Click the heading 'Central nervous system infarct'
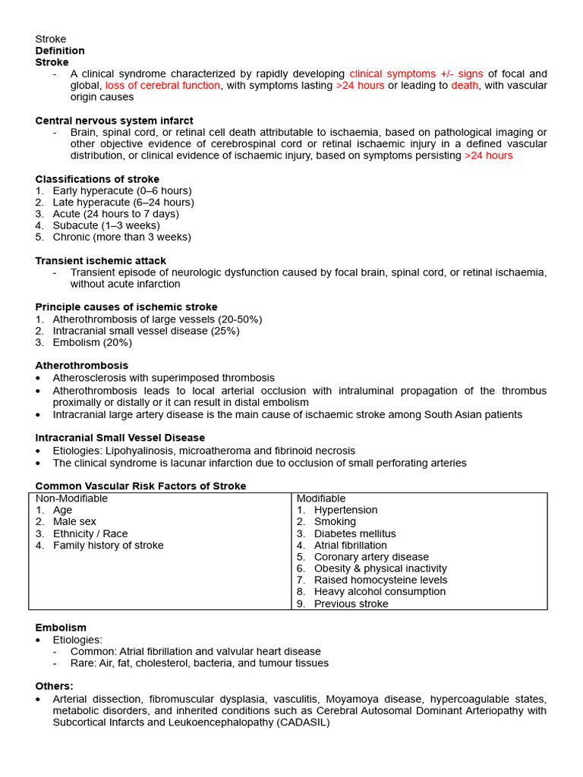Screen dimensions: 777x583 coord(114,121)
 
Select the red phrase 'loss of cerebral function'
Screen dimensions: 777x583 coord(162,86)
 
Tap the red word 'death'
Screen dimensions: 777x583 coord(465,86)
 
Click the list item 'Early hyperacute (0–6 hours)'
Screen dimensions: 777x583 coord(121,190)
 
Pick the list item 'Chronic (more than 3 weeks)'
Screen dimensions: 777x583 coord(121,237)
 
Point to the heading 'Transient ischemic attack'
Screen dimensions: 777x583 coord(100,260)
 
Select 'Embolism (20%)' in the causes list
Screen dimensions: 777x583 coord(92,342)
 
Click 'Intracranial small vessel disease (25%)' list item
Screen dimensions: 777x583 coord(146,331)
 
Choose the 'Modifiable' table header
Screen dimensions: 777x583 coord(320,499)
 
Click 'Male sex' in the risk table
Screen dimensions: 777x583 coord(74,522)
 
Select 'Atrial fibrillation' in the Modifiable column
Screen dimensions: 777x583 coord(350,545)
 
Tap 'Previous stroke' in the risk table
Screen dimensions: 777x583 coord(351,604)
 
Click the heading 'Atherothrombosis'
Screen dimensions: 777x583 coord(82,366)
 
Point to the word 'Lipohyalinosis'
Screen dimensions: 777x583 coord(140,451)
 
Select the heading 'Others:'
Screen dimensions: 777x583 coord(55,686)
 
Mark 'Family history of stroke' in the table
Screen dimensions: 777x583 coord(108,545)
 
